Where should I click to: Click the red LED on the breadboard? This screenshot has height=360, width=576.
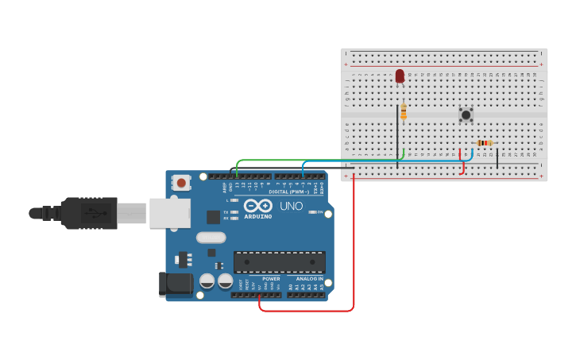click(x=400, y=76)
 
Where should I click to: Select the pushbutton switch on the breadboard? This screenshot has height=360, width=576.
click(x=466, y=114)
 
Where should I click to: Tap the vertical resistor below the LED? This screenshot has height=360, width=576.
click(x=404, y=112)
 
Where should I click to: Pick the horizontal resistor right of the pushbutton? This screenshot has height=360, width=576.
click(x=484, y=143)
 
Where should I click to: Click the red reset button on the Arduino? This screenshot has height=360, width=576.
click(x=182, y=183)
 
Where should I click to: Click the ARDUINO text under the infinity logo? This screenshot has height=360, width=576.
click(x=257, y=216)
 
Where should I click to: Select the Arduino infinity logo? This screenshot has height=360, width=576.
click(x=257, y=205)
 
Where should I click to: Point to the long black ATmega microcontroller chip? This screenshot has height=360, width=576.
click(x=279, y=261)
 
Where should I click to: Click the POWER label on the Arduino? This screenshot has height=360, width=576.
click(x=271, y=279)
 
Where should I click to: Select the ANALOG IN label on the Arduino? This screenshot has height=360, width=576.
click(x=310, y=279)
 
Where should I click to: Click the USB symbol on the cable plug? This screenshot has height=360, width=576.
click(x=95, y=213)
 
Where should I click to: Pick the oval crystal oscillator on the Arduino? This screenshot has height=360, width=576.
click(x=211, y=237)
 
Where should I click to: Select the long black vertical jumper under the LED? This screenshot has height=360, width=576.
click(x=397, y=135)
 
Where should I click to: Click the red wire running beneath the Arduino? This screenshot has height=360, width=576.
click(x=306, y=311)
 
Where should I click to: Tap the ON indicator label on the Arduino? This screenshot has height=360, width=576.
click(x=319, y=211)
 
